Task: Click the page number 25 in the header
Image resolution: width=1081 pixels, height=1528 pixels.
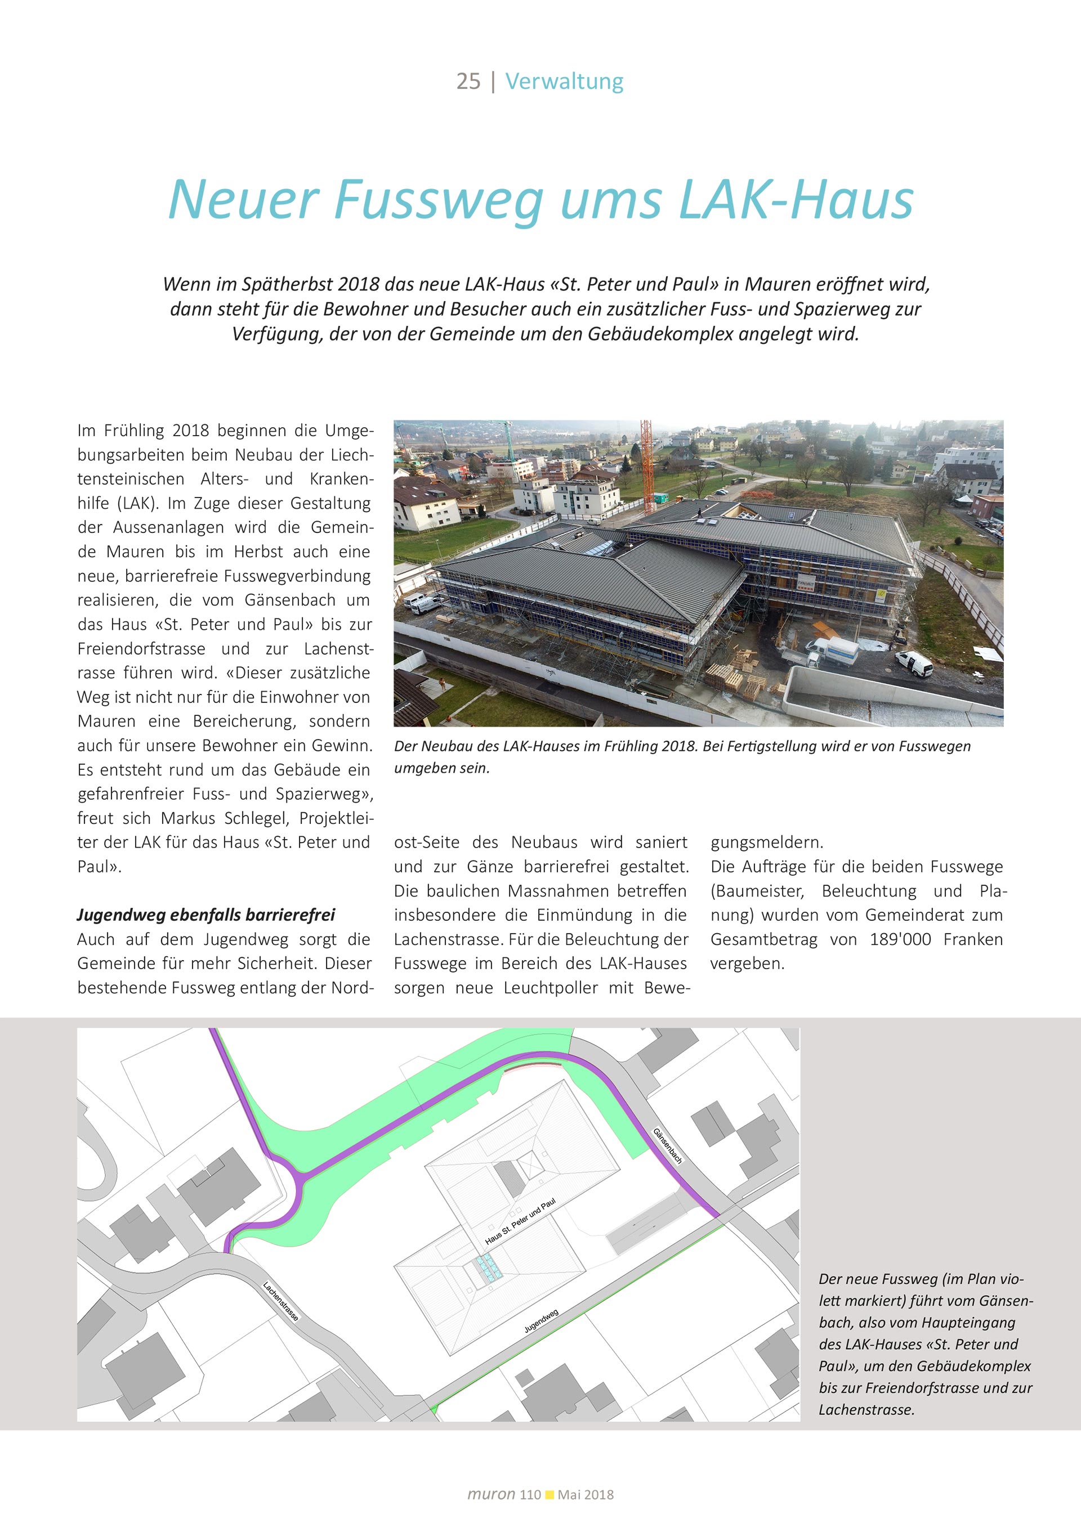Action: click(468, 81)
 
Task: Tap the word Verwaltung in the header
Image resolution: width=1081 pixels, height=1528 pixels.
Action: click(564, 81)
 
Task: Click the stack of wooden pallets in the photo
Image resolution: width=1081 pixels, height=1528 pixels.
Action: click(723, 675)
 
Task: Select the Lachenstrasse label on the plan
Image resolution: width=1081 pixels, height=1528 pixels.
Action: click(280, 1301)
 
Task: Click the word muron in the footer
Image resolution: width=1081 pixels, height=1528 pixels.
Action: click(492, 1494)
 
